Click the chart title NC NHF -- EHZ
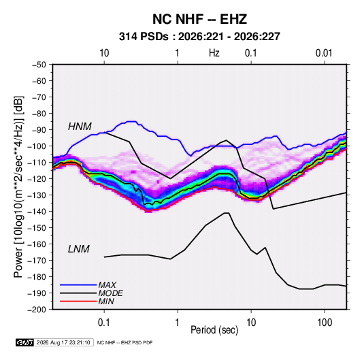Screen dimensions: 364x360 coord(199,19)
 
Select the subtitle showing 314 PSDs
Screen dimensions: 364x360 coord(199,37)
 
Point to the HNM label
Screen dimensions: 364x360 coord(80,127)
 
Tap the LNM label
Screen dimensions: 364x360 coord(79,249)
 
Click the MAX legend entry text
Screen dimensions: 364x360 coord(107,284)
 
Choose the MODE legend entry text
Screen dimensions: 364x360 coord(110,293)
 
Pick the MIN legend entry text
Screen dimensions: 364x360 coord(106,301)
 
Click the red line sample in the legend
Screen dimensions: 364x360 coord(78,301)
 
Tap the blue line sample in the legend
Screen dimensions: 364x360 coord(78,284)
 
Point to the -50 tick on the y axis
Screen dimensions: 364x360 coord(39,65)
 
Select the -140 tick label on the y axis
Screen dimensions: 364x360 coord(37,212)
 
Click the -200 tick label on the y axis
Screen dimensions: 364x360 coord(37,310)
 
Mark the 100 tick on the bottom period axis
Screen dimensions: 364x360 coord(325,323)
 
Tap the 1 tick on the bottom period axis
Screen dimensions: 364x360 coord(177,323)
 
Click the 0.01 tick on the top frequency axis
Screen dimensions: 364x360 coord(324,53)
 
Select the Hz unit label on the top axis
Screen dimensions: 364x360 coord(214,53)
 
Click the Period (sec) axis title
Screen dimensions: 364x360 coord(214,330)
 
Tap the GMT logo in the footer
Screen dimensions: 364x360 coord(25,342)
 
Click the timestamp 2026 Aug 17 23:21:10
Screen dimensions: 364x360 coord(63,342)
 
